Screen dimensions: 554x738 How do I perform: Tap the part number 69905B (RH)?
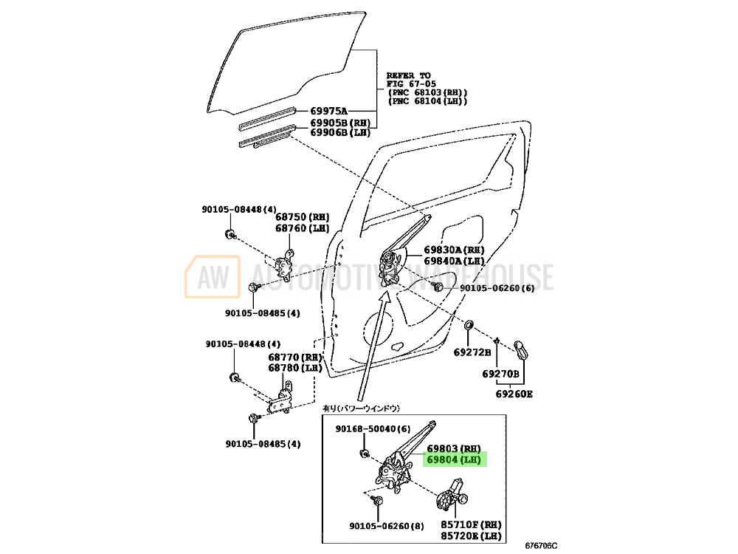(339, 123)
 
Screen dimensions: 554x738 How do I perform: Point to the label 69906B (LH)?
(339, 132)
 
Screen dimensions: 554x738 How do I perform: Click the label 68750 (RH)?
(303, 217)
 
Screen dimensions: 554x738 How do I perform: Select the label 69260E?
(514, 394)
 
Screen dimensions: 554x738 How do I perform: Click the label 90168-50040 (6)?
(373, 428)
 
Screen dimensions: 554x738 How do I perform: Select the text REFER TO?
(408, 75)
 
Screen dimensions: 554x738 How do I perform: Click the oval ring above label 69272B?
(470, 326)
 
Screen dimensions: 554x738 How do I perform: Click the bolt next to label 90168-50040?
(365, 453)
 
